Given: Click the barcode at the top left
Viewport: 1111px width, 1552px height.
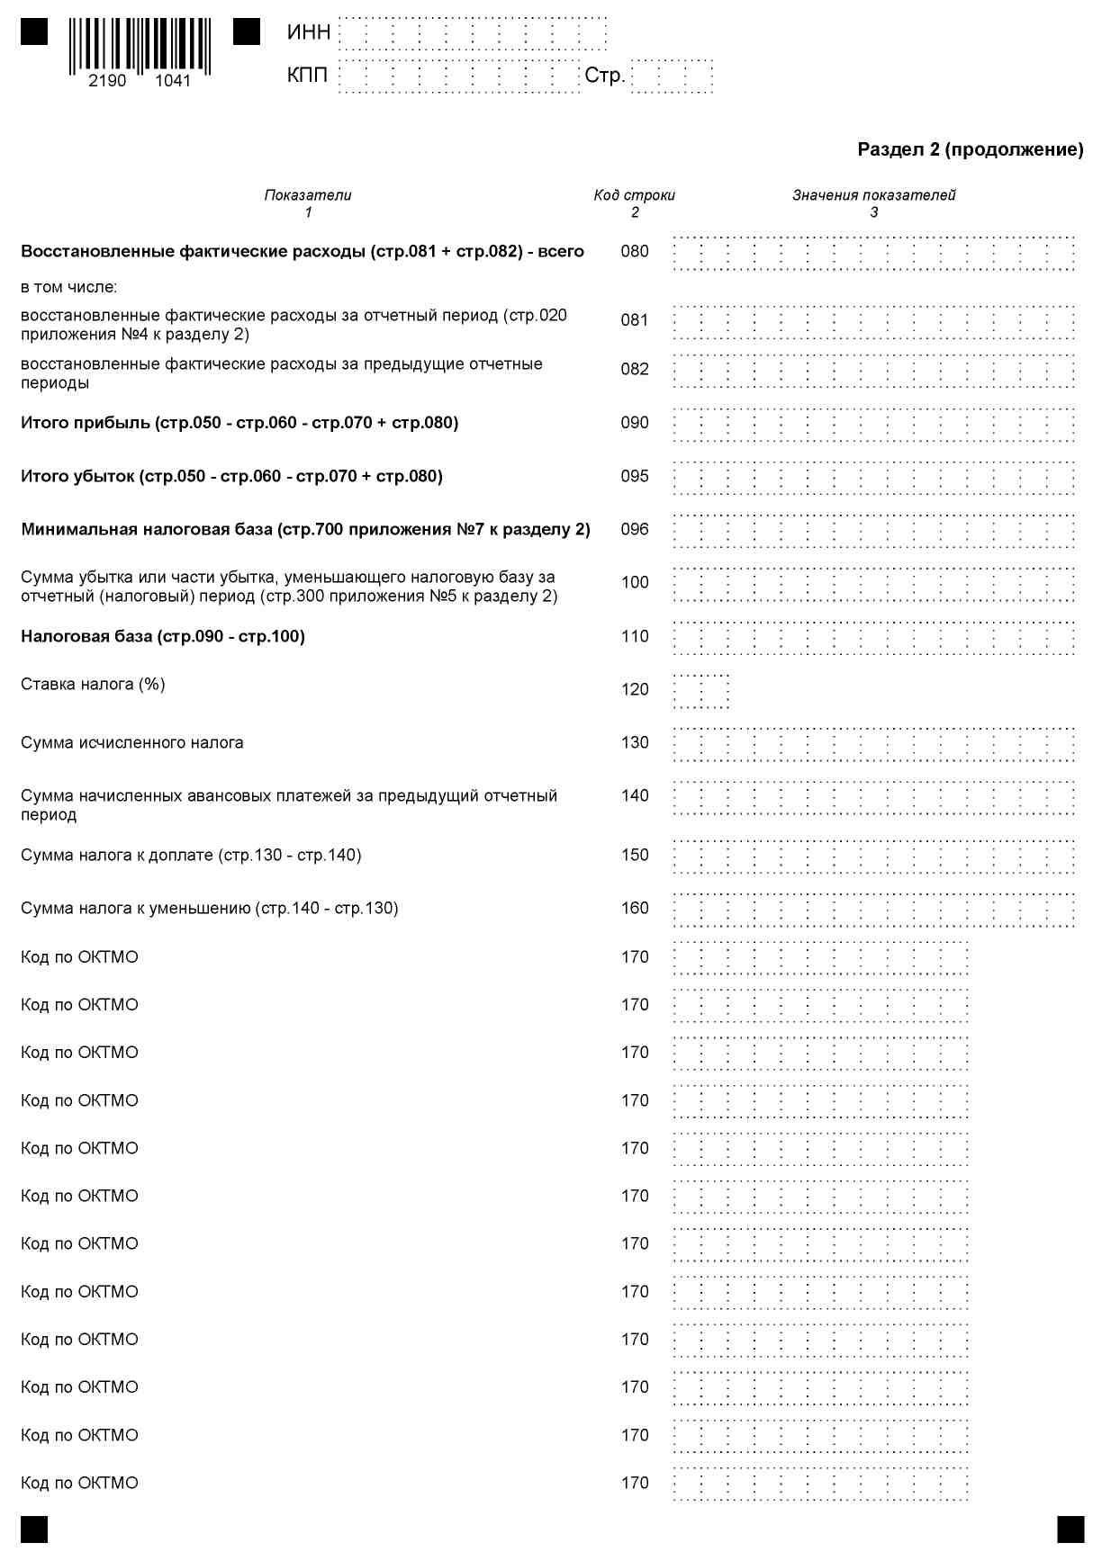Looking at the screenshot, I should coord(140,47).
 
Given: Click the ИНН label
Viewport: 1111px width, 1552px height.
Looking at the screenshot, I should coord(309,33).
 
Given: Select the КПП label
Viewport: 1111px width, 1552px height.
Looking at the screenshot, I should coord(307,76).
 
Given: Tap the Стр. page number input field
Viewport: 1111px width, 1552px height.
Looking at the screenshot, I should coord(672,76).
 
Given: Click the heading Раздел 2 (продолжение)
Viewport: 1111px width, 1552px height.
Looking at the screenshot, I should coord(970,150).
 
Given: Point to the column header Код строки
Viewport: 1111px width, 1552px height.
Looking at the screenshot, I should coord(634,195).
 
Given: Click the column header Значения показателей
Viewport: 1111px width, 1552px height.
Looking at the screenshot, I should coord(873,195).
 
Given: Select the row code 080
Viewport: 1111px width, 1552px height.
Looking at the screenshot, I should coord(634,252).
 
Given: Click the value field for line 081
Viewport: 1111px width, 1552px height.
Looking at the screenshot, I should coord(873,321).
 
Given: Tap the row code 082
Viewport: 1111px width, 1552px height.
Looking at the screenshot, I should coord(634,370).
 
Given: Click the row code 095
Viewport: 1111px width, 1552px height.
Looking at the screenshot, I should coord(634,477).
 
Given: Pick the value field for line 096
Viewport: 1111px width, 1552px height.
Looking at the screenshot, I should coord(873,531).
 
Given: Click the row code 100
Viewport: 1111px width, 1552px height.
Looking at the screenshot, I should coord(634,583).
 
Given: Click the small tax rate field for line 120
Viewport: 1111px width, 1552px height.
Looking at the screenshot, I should coord(700,691).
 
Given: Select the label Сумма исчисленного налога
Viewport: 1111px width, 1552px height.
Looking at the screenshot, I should coord(132,743).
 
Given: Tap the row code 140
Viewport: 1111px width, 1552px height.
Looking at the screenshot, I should coord(634,796).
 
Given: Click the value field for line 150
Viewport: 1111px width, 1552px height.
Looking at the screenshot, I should coord(873,857).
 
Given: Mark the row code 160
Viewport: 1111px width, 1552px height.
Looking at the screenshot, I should coord(634,909).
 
